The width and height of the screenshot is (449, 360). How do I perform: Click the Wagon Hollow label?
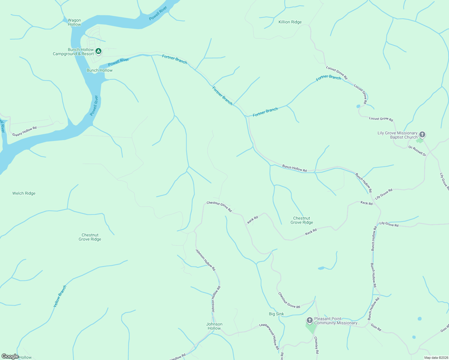(74, 22)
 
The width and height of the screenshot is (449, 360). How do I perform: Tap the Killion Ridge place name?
(290, 22)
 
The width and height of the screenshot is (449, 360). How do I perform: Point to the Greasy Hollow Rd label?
(24, 131)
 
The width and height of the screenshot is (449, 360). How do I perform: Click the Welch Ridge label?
(24, 193)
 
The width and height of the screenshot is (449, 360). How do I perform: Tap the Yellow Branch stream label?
(60, 296)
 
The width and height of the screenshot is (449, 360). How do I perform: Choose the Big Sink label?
(276, 314)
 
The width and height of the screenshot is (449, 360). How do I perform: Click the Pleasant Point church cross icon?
(309, 320)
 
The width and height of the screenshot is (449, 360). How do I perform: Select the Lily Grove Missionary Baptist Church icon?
(422, 134)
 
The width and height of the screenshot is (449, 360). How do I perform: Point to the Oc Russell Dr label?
(417, 151)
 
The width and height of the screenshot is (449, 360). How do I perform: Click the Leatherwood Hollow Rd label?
(270, 336)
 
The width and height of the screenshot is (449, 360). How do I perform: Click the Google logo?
(10, 356)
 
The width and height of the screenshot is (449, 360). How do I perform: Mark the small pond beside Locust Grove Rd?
(358, 106)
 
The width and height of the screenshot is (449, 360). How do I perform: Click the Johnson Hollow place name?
(214, 326)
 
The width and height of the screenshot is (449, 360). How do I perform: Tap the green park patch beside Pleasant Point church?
(311, 328)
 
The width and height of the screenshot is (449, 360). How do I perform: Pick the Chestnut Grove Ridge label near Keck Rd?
(302, 220)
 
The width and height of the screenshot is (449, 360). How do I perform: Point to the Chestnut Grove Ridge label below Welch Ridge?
(90, 237)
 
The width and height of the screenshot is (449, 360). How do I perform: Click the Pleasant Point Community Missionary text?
(337, 321)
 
